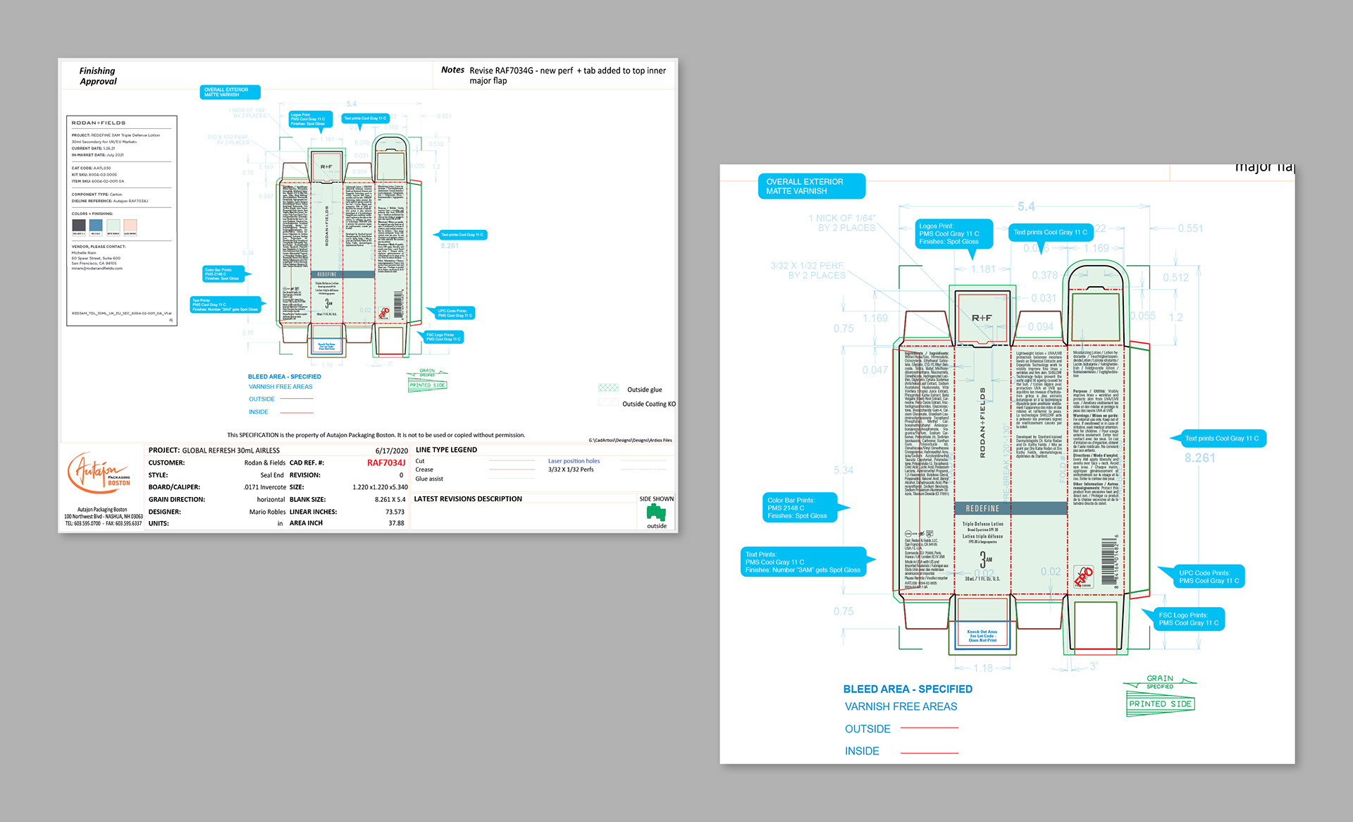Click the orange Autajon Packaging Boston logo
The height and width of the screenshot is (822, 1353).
(x=98, y=473)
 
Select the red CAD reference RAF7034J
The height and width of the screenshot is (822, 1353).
(x=385, y=463)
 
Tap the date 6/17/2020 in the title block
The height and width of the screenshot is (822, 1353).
(x=391, y=450)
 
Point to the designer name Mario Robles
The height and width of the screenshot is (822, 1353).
(x=267, y=512)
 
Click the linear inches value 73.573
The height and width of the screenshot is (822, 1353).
(x=395, y=512)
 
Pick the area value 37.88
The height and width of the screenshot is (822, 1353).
(x=396, y=523)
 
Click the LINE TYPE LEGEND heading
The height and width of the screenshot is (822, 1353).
(x=446, y=450)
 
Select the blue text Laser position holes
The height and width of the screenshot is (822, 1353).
(x=574, y=461)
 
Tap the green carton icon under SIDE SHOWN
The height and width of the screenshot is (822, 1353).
(x=656, y=512)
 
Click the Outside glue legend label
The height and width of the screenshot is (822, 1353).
(x=644, y=390)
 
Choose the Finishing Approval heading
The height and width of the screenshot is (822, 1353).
(x=98, y=76)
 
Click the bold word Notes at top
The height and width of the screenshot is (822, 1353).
(x=452, y=70)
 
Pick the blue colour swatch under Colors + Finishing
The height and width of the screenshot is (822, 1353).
(x=96, y=226)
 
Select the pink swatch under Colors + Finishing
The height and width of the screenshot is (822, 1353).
(x=130, y=226)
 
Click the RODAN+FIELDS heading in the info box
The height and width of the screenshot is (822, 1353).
(x=99, y=123)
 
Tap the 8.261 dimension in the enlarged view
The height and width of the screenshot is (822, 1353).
(x=1199, y=458)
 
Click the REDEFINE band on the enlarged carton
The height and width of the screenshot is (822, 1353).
(x=982, y=508)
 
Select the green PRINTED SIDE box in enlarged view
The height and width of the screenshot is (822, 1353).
(x=1160, y=704)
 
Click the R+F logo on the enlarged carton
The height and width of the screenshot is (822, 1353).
(x=982, y=318)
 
